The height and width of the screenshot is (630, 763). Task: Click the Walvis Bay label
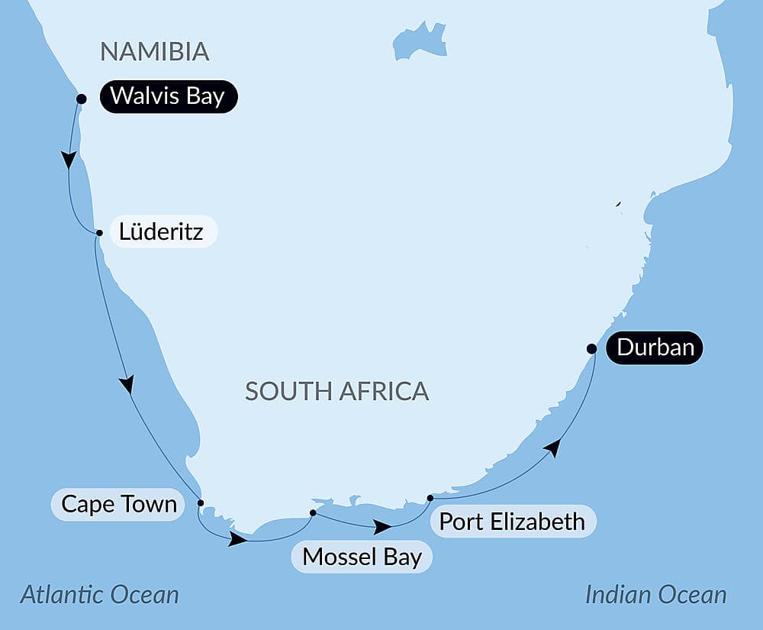(167, 97)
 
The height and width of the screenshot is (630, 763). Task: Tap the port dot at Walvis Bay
(82, 99)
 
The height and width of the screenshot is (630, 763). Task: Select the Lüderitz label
(162, 231)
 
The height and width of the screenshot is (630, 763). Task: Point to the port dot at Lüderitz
(99, 233)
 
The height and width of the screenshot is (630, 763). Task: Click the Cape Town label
(119, 505)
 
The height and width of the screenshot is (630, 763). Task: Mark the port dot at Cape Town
(201, 503)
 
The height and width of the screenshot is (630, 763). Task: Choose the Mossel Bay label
(362, 557)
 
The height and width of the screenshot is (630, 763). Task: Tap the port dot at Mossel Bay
(313, 512)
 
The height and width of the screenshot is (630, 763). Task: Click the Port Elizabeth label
(513, 522)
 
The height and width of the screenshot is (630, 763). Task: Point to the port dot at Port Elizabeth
(430, 498)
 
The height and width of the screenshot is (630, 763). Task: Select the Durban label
(655, 348)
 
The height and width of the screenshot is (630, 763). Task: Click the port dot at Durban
(591, 349)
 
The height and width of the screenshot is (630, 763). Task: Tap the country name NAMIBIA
(155, 52)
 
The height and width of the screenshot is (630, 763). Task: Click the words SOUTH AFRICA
(336, 392)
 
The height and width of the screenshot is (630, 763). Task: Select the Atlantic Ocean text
(99, 594)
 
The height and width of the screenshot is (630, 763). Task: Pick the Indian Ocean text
(655, 594)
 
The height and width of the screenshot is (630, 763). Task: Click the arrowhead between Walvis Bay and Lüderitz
(69, 160)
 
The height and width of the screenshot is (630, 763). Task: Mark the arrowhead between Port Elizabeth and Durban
(553, 447)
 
